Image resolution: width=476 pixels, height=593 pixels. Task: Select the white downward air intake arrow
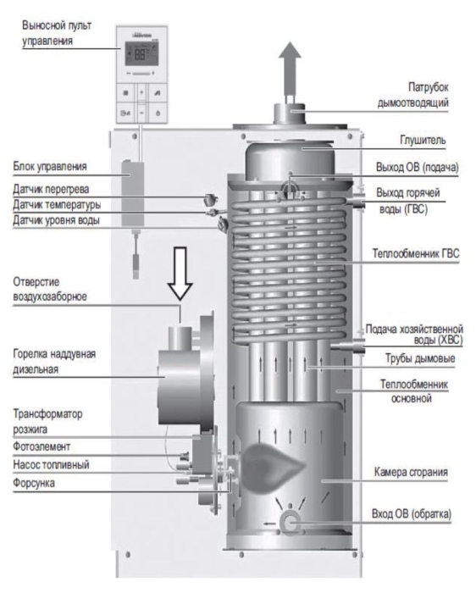181,270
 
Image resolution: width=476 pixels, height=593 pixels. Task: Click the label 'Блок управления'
52,166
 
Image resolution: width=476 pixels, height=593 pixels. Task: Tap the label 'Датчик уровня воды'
56,221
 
